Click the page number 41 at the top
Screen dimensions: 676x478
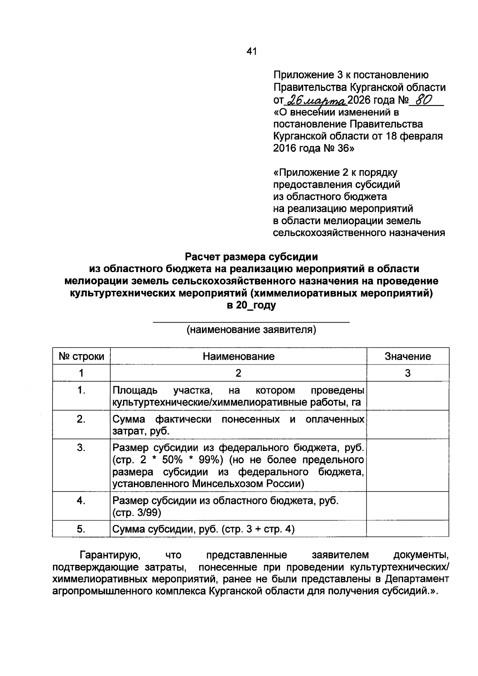(252, 51)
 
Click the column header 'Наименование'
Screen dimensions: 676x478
(238, 356)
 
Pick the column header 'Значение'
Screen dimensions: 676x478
(407, 356)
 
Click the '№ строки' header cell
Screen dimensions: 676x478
(81, 356)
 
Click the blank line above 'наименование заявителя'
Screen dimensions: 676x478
(252, 321)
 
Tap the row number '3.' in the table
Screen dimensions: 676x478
(81, 448)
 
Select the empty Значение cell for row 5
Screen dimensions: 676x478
(407, 529)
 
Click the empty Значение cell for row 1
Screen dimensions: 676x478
(407, 396)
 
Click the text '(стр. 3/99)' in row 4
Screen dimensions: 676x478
(137, 513)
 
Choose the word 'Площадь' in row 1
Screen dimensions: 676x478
(135, 390)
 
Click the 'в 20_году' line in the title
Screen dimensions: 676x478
(251, 306)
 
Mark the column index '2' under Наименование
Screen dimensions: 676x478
(238, 373)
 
